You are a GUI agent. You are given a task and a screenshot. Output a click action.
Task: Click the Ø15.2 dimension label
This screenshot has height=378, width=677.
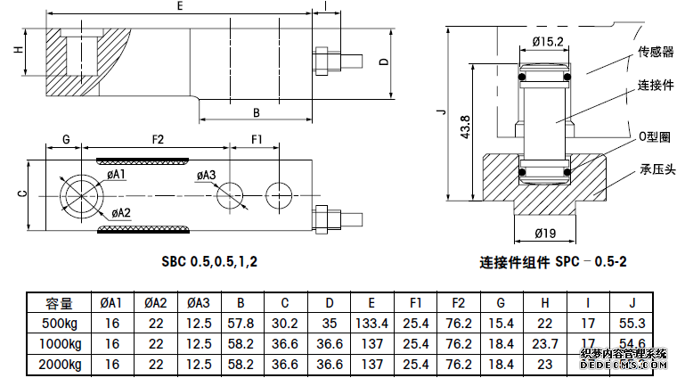(x=547, y=42)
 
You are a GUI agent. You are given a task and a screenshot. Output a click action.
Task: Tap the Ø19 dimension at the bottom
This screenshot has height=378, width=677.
(x=545, y=234)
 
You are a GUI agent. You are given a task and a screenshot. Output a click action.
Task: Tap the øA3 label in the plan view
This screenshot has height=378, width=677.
(x=205, y=175)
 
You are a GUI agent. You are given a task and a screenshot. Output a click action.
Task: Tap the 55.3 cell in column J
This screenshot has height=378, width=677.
(x=632, y=322)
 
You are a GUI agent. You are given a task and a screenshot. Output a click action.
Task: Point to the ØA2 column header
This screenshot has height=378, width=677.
(x=155, y=303)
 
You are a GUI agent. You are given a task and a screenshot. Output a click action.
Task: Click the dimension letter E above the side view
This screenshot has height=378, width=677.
(x=180, y=6)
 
